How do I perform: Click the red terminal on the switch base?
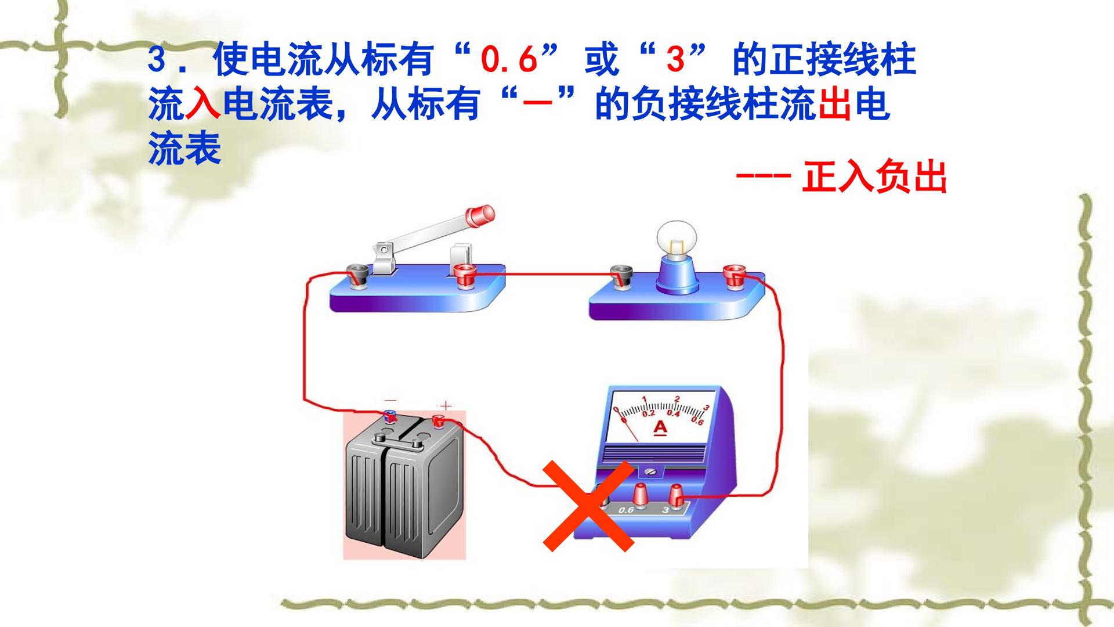[x=464, y=275]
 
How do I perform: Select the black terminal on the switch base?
[x=357, y=275]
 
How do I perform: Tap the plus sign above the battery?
[x=445, y=406]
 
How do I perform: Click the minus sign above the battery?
[x=392, y=401]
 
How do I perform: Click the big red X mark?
[x=587, y=506]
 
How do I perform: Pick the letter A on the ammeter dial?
[x=660, y=428]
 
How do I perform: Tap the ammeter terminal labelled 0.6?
[x=640, y=495]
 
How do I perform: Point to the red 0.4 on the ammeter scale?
[x=673, y=413]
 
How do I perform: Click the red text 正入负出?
[x=874, y=176]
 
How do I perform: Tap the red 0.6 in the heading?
[x=509, y=60]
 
